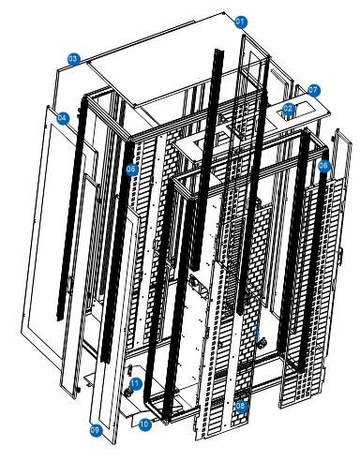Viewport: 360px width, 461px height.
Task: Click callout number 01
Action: pyautogui.click(x=240, y=21)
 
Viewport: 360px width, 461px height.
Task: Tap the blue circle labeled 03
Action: pyautogui.click(x=73, y=58)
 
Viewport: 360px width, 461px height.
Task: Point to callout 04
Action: pyautogui.click(x=63, y=119)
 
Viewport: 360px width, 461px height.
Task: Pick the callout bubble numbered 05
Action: pyautogui.click(x=132, y=170)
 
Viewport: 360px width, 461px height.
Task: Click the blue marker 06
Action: pyautogui.click(x=323, y=166)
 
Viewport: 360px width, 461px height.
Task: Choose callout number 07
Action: pyautogui.click(x=314, y=90)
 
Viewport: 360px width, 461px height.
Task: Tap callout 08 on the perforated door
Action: pyautogui.click(x=241, y=406)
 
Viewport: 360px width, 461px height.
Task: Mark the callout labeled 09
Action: pyautogui.click(x=95, y=430)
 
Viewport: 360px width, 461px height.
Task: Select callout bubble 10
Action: pyautogui.click(x=144, y=424)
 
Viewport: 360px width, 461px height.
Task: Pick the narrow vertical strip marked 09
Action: pyautogui.click(x=108, y=356)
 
